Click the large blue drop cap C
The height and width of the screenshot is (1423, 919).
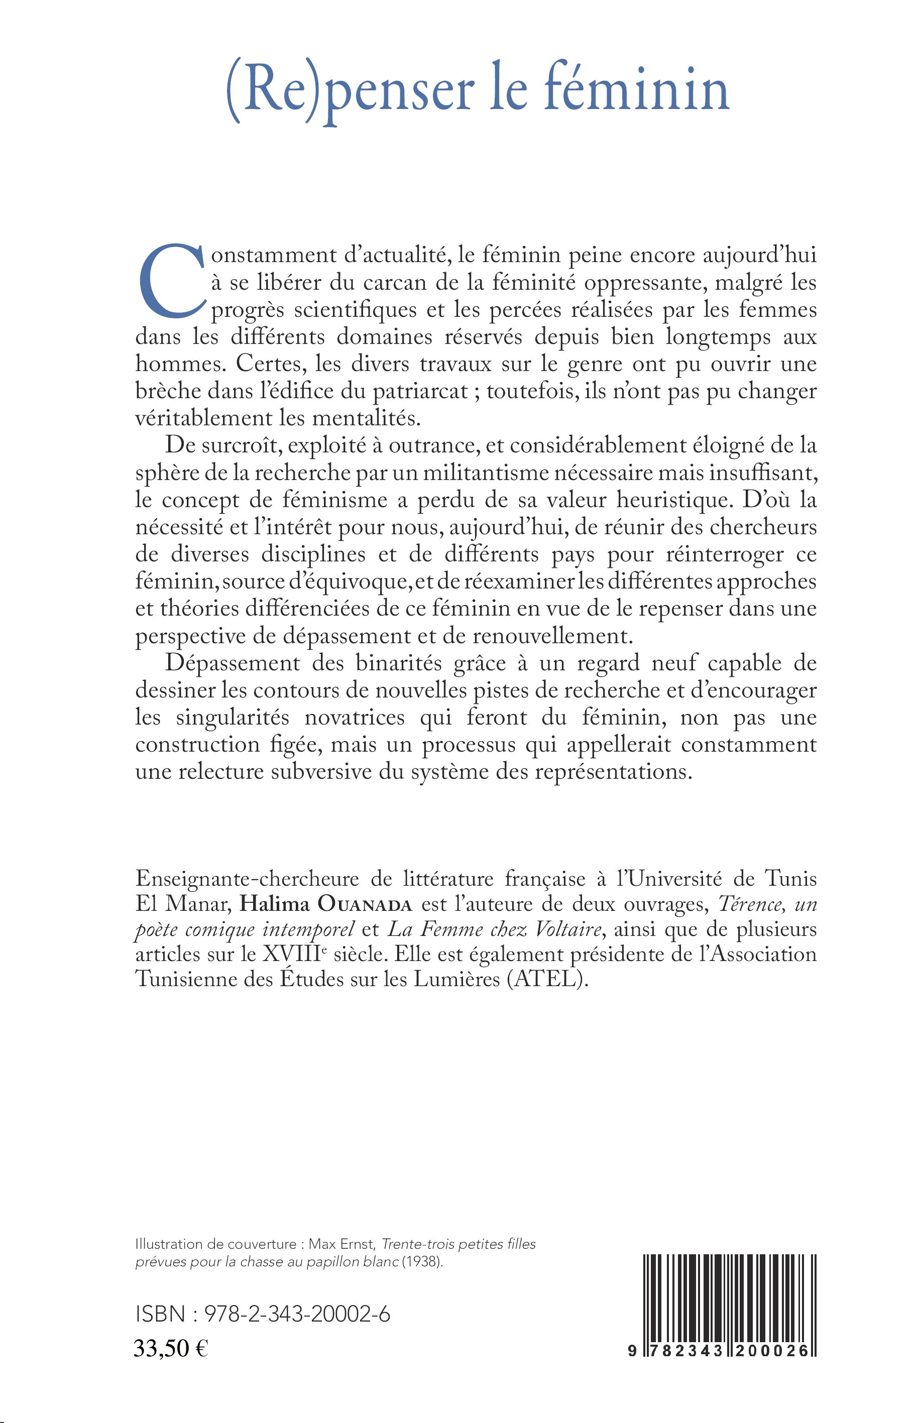click(x=172, y=282)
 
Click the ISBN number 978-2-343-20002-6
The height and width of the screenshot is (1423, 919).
click(x=297, y=1314)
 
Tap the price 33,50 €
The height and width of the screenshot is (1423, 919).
click(x=171, y=1348)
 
